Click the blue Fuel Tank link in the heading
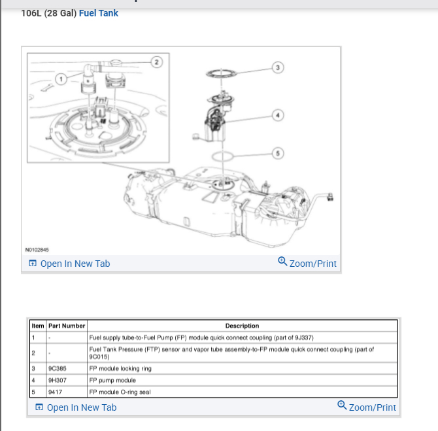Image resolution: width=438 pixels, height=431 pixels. tap(98, 13)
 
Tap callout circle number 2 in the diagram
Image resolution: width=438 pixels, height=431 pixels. tap(156, 61)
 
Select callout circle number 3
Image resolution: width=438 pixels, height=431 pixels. tap(277, 67)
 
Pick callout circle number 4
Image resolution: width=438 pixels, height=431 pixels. tap(277, 115)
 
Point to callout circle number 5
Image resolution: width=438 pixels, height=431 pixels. tap(277, 154)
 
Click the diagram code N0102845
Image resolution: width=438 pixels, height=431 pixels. tap(37, 250)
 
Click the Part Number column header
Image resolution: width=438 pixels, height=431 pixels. tap(67, 326)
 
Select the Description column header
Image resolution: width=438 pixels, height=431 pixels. tap(242, 326)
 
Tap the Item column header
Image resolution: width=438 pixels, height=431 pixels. tap(38, 326)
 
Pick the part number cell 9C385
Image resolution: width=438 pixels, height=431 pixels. tap(58, 369)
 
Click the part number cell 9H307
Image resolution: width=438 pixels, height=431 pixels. tap(58, 380)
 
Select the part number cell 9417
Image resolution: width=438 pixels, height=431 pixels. tap(56, 392)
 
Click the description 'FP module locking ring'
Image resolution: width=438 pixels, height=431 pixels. tap(120, 369)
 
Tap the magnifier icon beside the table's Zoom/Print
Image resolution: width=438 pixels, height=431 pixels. tap(342, 406)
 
